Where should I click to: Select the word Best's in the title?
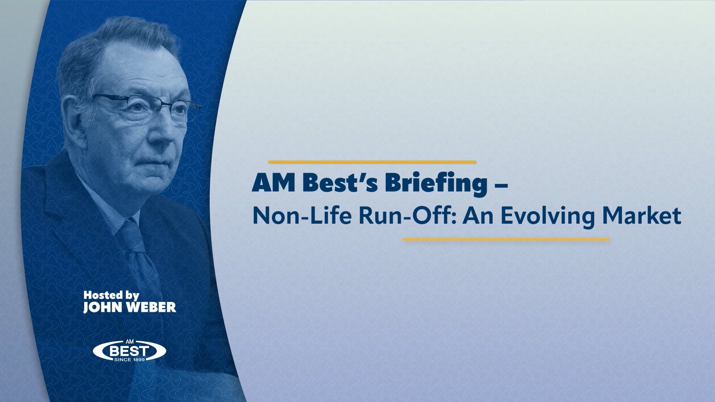(333, 184)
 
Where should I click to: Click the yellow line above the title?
(372, 162)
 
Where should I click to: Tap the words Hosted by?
(111, 296)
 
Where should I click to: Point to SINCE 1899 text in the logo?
(129, 359)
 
